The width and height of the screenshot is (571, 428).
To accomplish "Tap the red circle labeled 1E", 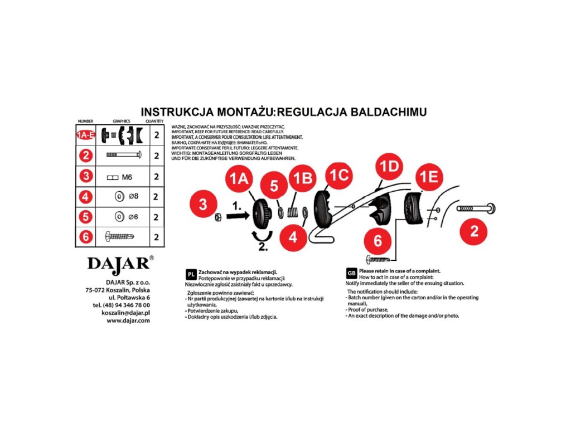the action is (429, 177).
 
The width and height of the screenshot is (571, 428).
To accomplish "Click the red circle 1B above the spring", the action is (302, 180).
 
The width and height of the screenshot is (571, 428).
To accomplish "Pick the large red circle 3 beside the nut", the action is (204, 204).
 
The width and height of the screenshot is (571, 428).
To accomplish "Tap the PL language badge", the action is (190, 274).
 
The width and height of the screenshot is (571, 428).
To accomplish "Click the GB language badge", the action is (351, 273).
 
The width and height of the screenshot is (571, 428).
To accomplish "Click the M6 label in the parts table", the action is (126, 177).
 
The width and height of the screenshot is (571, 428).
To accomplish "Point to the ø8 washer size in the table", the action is (132, 197).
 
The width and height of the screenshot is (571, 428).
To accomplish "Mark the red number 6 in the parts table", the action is (85, 237).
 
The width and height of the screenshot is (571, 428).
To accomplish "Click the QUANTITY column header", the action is (154, 121).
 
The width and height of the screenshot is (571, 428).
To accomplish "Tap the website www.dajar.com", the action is (128, 320).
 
